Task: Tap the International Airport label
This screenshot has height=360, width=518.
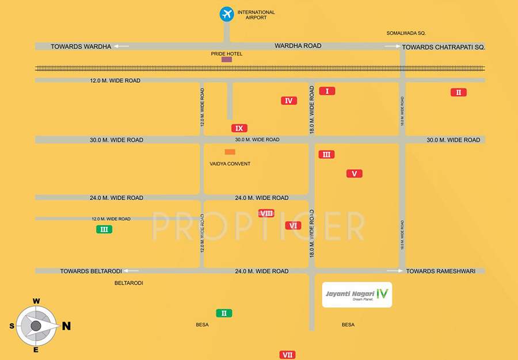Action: [256, 15]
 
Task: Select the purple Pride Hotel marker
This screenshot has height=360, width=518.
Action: [227, 59]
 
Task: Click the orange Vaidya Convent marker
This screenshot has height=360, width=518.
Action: [230, 152]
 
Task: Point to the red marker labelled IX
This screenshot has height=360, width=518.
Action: [239, 128]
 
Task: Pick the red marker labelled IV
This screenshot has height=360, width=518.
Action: [289, 101]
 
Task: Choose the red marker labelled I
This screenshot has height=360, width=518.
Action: [327, 91]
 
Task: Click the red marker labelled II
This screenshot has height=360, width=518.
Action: [459, 92]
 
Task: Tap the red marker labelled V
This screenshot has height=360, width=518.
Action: [354, 173]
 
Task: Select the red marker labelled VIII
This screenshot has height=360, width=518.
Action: [266, 213]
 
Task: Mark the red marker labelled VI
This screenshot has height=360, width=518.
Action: [293, 225]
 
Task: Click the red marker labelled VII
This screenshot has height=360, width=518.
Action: [287, 355]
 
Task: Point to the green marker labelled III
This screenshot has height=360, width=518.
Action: [104, 229]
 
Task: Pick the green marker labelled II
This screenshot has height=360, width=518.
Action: [224, 313]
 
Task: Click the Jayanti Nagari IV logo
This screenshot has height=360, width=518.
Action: [357, 294]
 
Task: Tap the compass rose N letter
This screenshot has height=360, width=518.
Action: [66, 326]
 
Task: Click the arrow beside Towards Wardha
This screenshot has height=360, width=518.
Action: [121, 46]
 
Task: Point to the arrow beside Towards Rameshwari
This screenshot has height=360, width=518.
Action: [394, 271]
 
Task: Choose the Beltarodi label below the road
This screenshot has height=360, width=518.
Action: [129, 283]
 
